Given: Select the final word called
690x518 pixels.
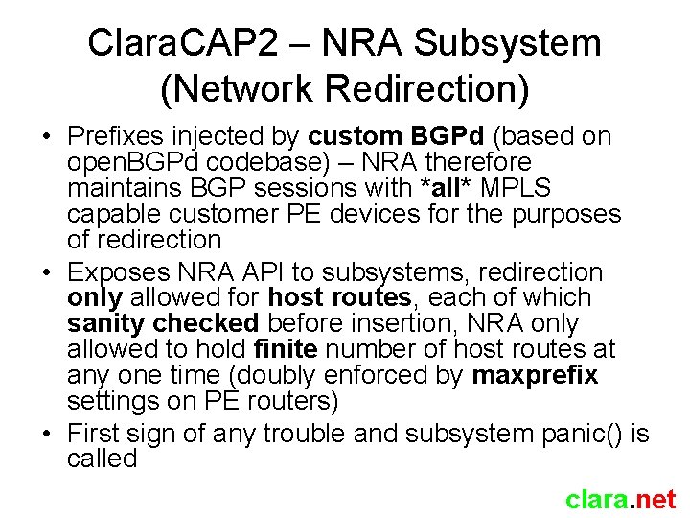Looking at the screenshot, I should (x=102, y=459).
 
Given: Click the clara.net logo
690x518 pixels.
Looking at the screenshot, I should (x=620, y=499).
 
